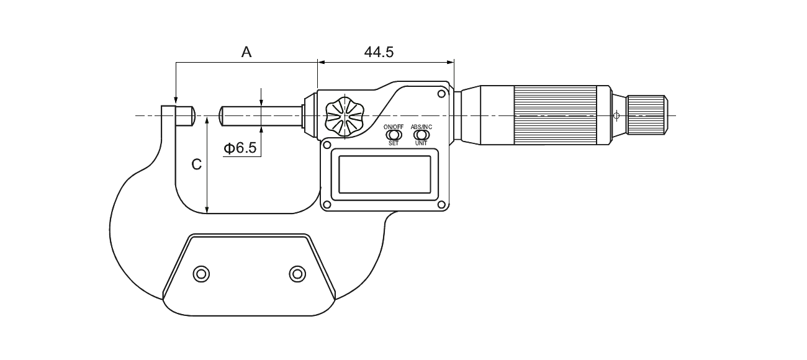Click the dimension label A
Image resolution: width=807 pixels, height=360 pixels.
coord(246,52)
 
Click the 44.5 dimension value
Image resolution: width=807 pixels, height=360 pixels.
coord(379,52)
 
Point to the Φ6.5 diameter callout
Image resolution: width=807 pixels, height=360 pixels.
coord(240,148)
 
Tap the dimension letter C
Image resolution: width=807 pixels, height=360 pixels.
coord(196,164)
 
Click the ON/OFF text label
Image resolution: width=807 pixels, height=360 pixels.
coord(394,127)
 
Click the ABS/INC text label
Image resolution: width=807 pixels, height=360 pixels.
coord(421,127)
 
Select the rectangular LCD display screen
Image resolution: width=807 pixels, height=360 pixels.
coord(385,174)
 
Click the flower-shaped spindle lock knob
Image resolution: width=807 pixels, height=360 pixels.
coord(345,117)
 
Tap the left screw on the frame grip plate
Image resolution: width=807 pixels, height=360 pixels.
coord(201,274)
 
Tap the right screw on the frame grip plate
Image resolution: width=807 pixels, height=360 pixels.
coord(297,274)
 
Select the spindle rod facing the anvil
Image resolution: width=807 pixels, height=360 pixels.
coord(261,116)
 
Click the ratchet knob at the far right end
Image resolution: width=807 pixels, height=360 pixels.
coord(647,115)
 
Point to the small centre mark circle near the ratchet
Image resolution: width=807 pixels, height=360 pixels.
coord(616,115)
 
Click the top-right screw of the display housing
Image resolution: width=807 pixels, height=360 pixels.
coord(441,94)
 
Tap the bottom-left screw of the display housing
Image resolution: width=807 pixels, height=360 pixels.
coord(327,205)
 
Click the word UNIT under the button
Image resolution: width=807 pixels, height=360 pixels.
coord(421,143)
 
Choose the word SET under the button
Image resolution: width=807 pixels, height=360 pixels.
coord(394,143)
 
